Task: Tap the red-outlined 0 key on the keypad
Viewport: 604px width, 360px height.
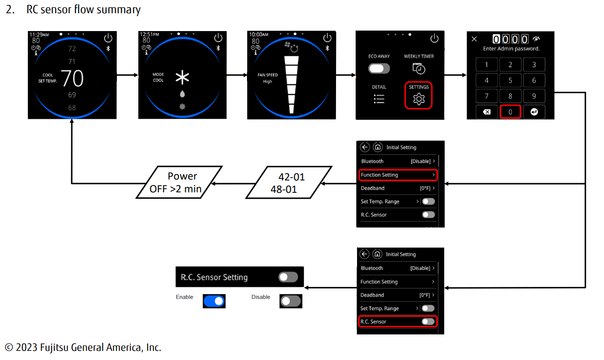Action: (x=510, y=111)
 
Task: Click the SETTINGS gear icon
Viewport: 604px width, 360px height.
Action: (x=419, y=99)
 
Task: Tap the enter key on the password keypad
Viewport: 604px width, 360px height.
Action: (x=534, y=111)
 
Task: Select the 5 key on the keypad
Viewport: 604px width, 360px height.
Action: (x=510, y=80)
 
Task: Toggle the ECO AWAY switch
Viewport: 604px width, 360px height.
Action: (x=379, y=69)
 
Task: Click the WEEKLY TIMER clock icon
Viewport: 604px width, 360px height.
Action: (x=419, y=68)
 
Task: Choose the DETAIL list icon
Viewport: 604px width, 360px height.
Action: (x=379, y=99)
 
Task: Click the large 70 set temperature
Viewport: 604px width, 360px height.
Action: (x=72, y=79)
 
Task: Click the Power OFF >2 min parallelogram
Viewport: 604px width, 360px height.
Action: (x=179, y=182)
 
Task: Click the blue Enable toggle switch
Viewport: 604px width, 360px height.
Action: (x=214, y=301)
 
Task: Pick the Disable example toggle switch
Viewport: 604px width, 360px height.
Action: (x=290, y=301)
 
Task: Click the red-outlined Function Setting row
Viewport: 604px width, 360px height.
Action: (x=398, y=175)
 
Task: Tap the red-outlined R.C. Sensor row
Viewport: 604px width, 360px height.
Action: (x=398, y=322)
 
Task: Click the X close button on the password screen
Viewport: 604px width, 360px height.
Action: (x=474, y=39)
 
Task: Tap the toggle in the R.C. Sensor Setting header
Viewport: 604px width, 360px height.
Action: (x=288, y=277)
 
